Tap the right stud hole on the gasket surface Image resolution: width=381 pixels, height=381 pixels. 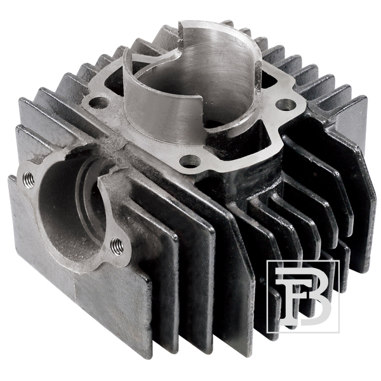(286, 104)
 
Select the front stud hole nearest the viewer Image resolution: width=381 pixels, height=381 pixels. (188, 161)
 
